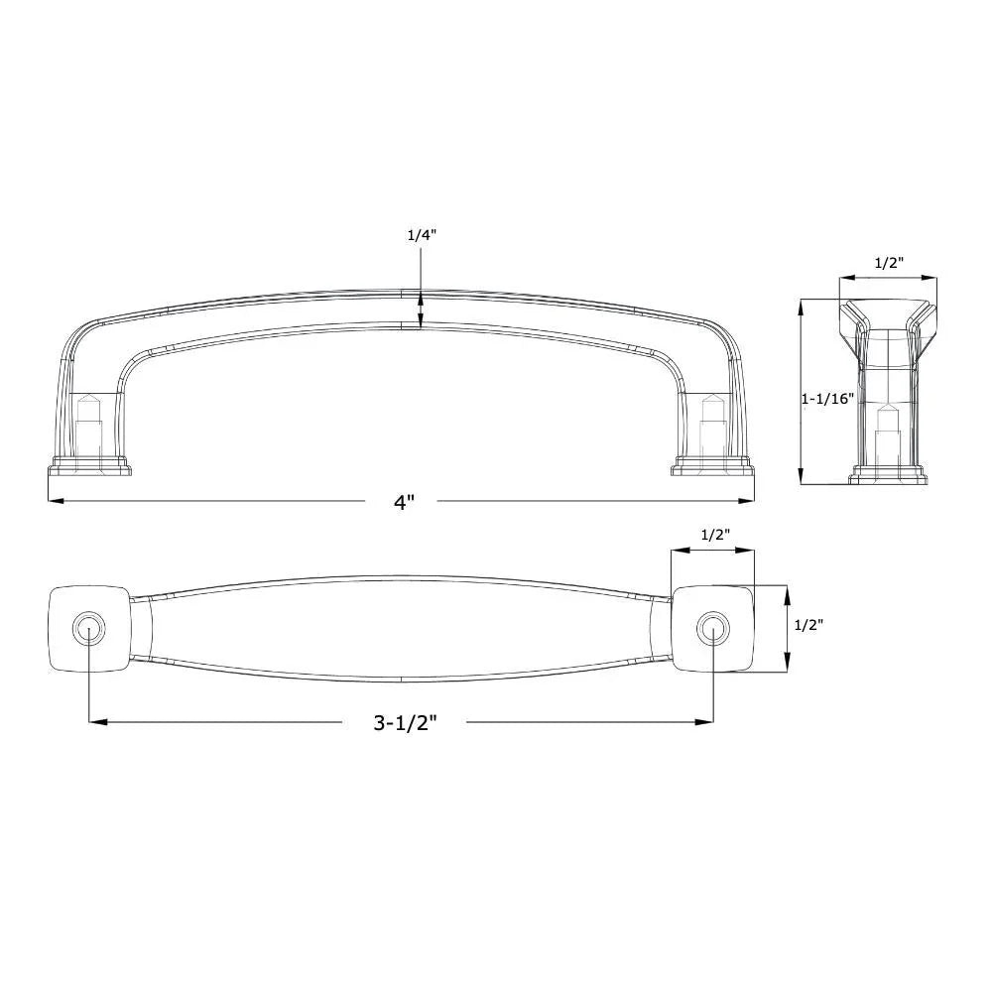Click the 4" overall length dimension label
(x=402, y=503)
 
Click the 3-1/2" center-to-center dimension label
(x=405, y=723)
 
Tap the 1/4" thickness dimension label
(x=422, y=236)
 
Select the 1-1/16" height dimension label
(x=826, y=399)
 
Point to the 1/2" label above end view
(x=888, y=264)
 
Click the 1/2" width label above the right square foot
(x=715, y=535)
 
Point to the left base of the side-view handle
(x=89, y=466)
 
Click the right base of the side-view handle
(x=711, y=466)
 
